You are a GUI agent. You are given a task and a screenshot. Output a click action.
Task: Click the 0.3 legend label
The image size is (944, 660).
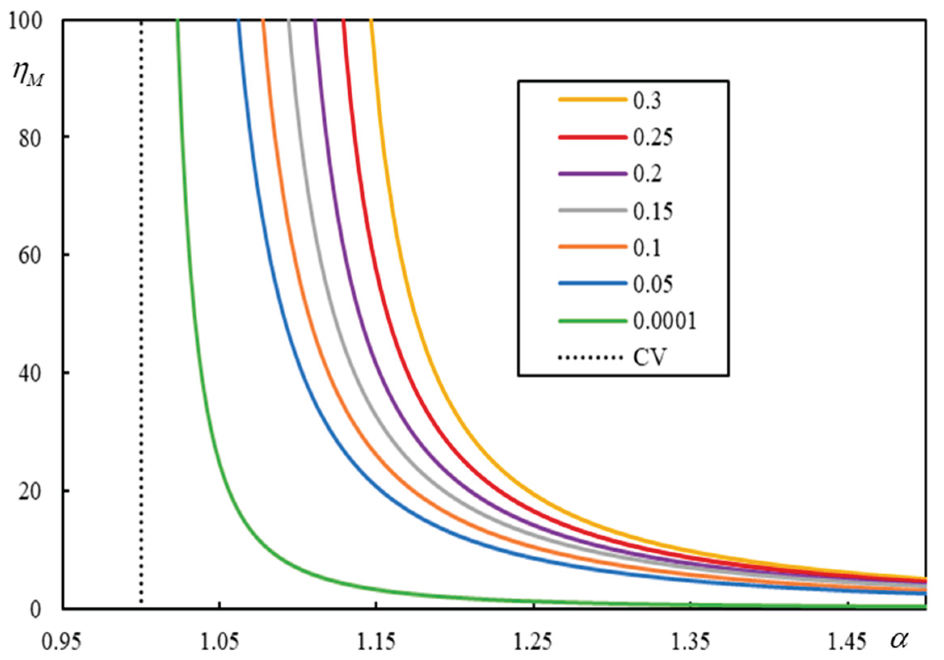[647, 100]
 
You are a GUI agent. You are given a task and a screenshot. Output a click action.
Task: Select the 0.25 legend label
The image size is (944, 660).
[653, 137]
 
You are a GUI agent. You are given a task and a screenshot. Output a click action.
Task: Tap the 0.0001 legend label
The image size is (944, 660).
[664, 321]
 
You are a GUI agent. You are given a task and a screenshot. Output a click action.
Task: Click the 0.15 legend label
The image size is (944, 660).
[653, 211]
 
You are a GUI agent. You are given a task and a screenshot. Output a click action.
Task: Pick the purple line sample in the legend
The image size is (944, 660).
[592, 174]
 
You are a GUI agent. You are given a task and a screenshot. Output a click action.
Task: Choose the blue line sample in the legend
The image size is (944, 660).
[592, 284]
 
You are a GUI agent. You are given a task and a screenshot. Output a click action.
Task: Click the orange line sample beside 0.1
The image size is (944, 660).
[592, 247]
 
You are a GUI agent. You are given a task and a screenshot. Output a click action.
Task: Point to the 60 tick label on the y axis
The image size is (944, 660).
[30, 255]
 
